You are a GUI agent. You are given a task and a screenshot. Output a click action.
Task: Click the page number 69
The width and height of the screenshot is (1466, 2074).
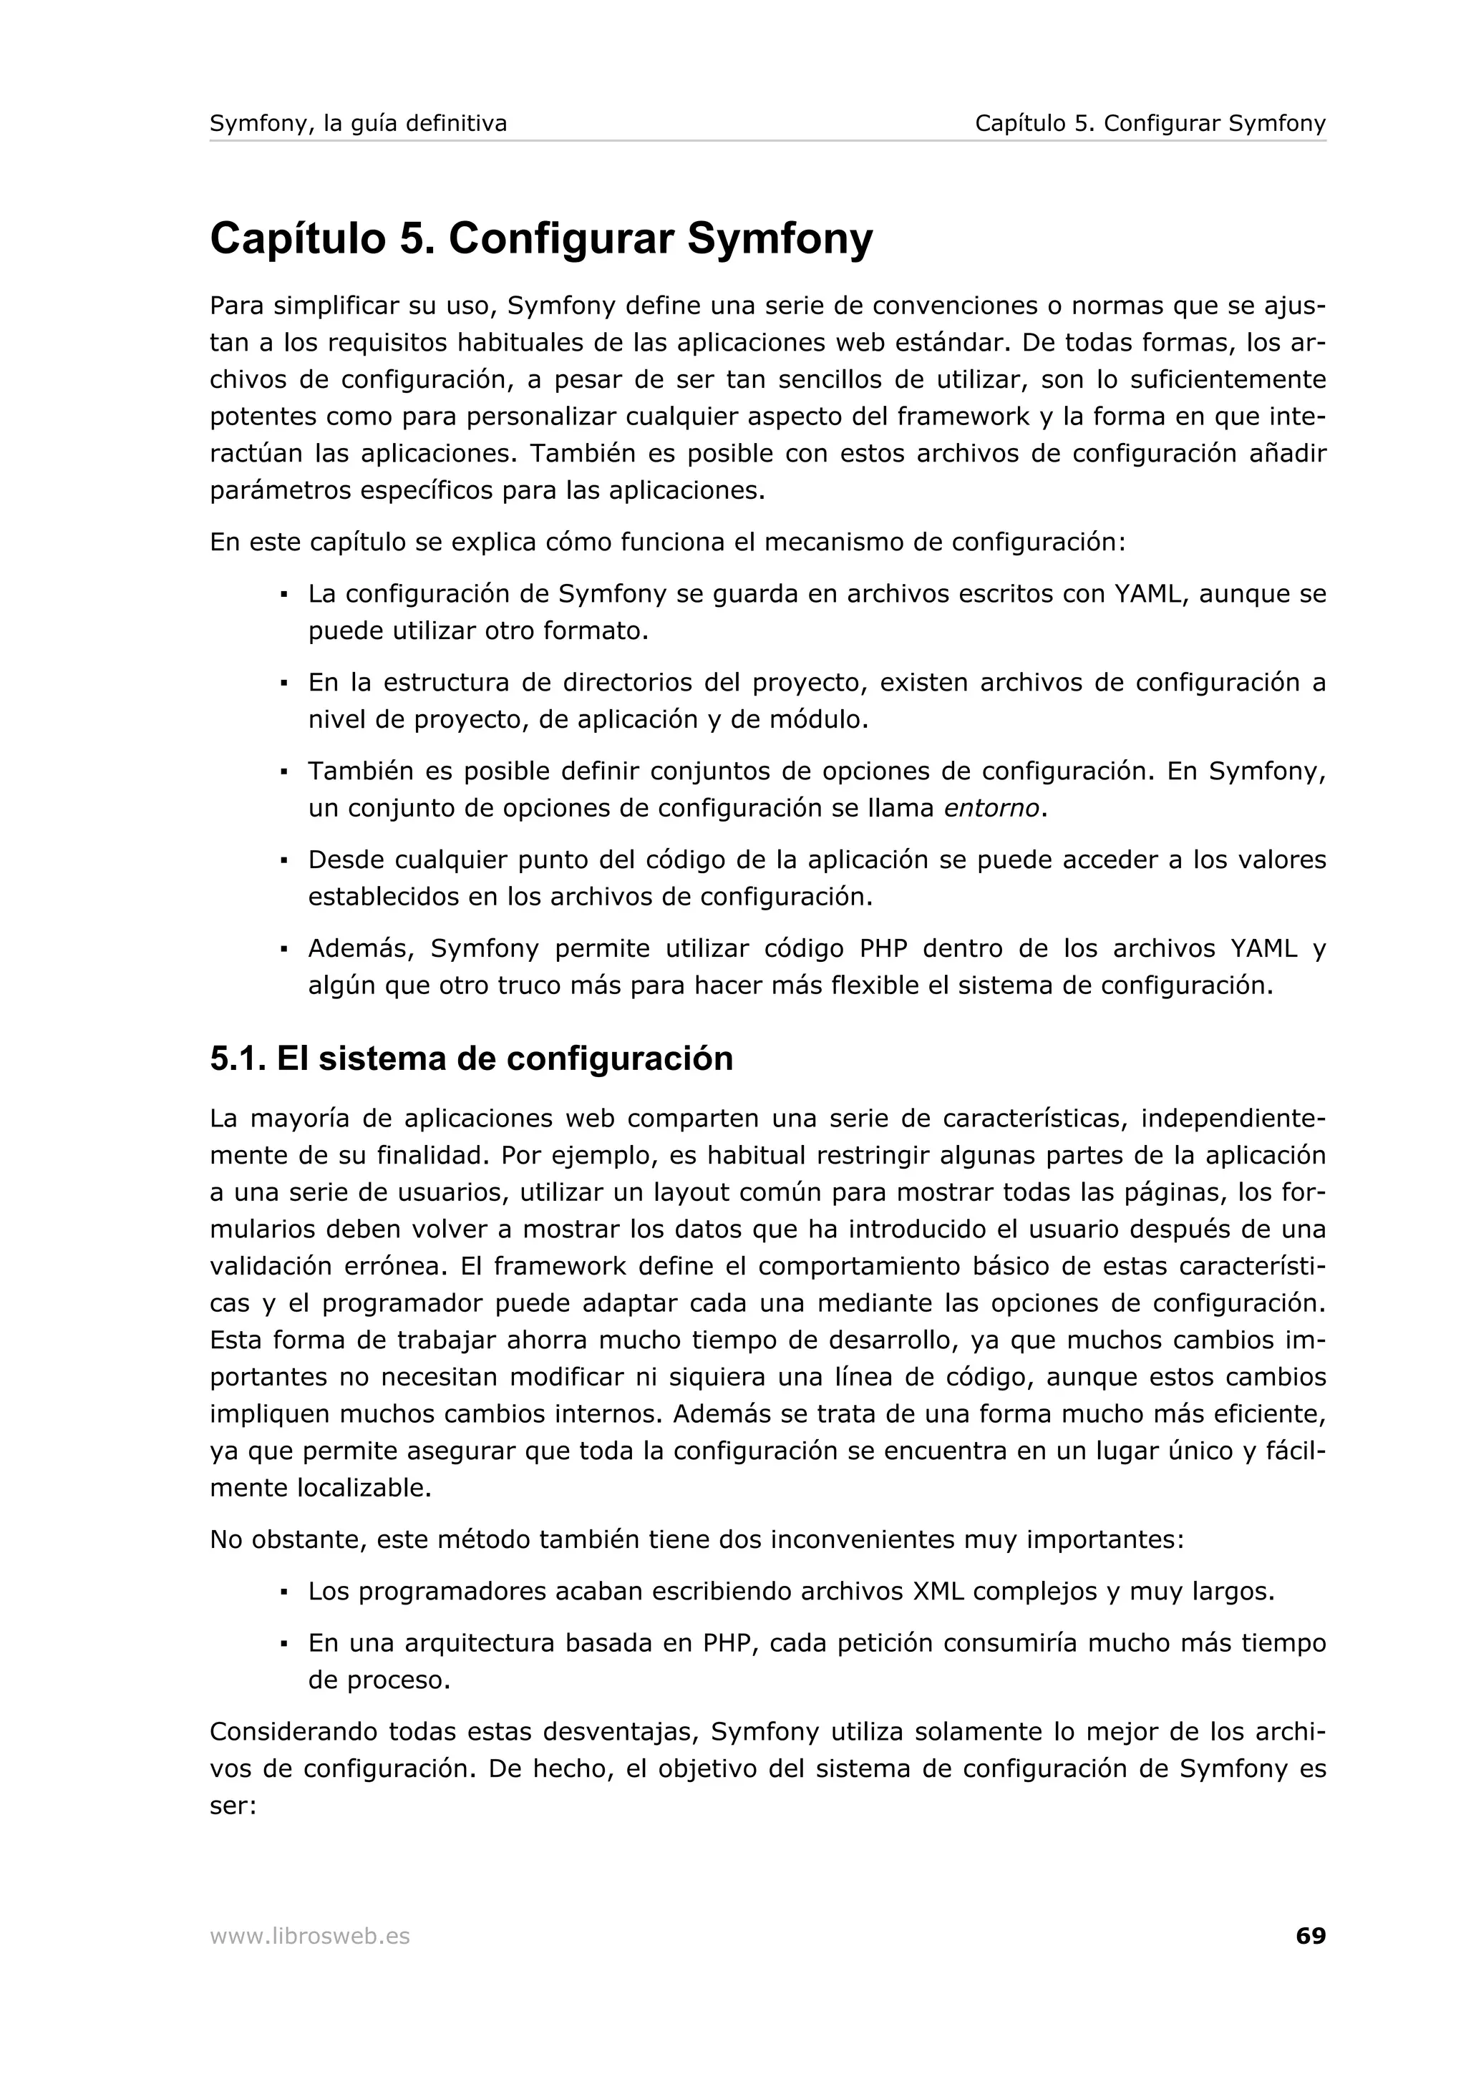[1310, 1936]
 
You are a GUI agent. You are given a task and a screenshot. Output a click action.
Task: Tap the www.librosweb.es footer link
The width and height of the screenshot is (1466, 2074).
[310, 1937]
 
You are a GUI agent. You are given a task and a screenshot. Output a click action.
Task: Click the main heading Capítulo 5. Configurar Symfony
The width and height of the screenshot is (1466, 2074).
[541, 238]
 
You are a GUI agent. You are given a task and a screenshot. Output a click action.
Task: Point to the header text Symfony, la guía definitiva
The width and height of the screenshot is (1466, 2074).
[358, 124]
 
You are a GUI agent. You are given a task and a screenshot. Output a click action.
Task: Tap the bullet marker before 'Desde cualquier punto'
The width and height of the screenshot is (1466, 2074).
[283, 861]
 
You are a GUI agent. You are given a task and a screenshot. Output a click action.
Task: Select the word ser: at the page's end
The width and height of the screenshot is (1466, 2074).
[233, 1806]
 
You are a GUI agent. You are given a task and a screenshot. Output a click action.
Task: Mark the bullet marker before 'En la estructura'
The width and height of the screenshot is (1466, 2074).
[283, 683]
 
